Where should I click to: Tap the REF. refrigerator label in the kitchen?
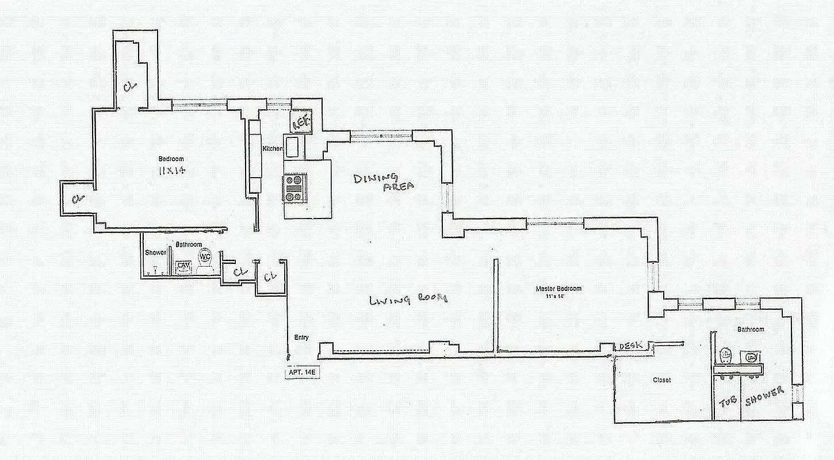point(301,121)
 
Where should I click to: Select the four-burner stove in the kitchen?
point(293,188)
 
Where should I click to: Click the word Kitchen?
point(272,149)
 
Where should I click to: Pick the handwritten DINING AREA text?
point(384,182)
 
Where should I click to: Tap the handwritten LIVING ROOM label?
point(408,299)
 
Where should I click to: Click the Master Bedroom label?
point(558,289)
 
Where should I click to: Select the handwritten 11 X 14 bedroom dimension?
point(173,170)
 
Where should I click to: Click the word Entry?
point(301,338)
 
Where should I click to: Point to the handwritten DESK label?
point(631,346)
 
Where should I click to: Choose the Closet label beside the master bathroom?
point(661,380)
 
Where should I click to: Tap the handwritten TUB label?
point(728,401)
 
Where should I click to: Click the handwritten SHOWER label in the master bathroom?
point(764,396)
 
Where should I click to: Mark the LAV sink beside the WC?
point(183,266)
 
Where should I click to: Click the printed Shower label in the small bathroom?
point(155,252)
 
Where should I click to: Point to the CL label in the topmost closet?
point(129,86)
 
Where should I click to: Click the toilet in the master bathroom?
point(726,355)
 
